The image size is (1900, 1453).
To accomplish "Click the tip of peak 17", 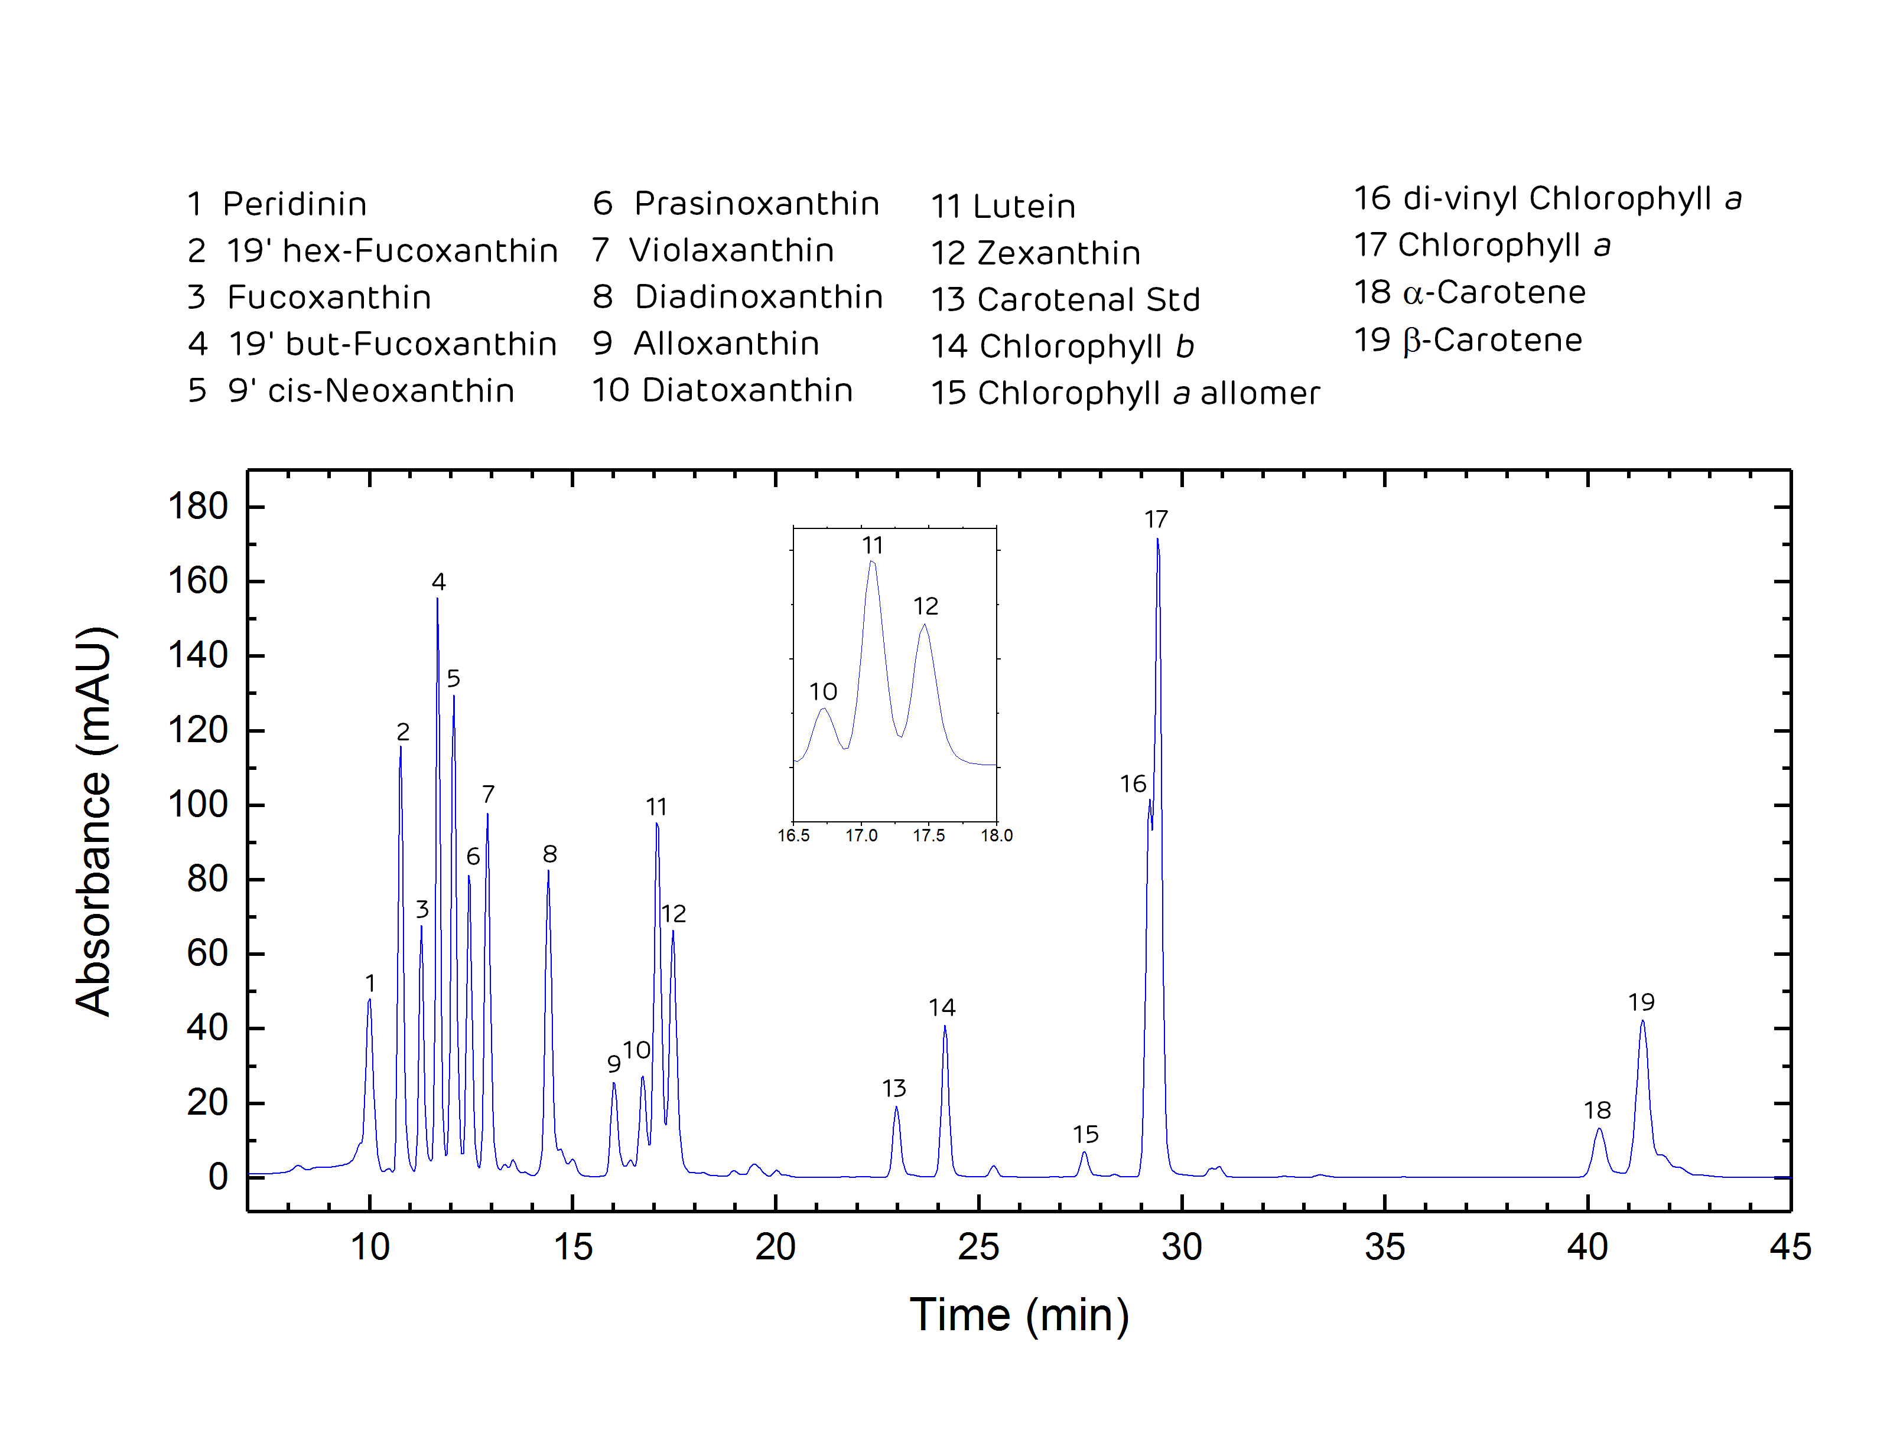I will (x=1157, y=540).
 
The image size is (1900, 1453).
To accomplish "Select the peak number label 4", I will (x=438, y=582).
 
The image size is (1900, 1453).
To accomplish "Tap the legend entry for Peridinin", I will (x=277, y=204).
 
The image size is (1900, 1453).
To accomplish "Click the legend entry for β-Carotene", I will (x=1468, y=340).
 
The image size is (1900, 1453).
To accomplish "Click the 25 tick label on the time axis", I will (x=978, y=1247).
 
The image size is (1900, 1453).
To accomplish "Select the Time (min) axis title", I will (x=1019, y=1315).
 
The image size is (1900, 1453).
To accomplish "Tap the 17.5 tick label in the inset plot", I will (x=928, y=835).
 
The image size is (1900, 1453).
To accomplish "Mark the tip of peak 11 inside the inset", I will (x=872, y=561).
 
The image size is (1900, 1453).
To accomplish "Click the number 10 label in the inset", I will (x=823, y=692).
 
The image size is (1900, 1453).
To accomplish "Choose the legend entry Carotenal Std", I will (x=1065, y=300).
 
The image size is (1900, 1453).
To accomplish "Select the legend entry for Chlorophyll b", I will (x=1062, y=347).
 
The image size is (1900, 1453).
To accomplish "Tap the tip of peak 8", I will (x=548, y=871).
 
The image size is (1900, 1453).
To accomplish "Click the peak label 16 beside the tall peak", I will (x=1133, y=785).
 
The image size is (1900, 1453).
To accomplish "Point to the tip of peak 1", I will (x=369, y=1000).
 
